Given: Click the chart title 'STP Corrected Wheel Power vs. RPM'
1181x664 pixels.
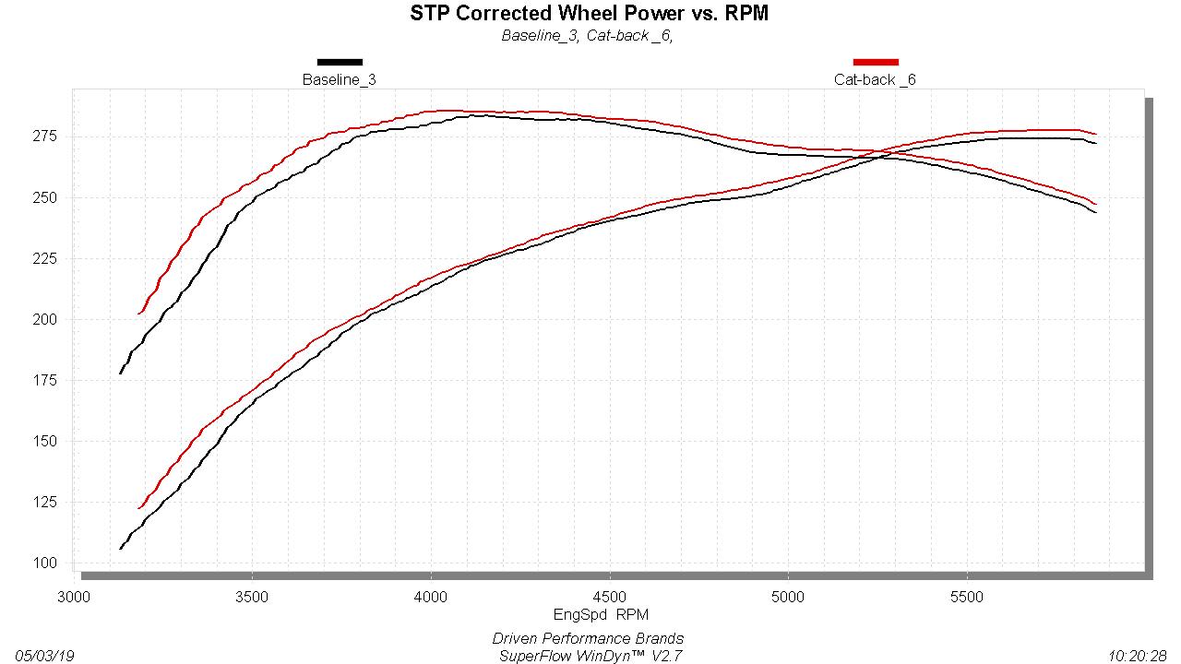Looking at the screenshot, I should (590, 14).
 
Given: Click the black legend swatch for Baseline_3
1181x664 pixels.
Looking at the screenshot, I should (340, 63).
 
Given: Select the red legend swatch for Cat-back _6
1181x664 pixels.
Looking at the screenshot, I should (876, 63).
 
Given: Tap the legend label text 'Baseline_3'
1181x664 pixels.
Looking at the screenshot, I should (340, 80).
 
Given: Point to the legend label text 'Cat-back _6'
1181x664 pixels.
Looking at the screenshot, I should (875, 80).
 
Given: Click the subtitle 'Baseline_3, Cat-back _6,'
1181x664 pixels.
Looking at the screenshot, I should (587, 36).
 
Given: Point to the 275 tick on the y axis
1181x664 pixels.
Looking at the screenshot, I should (45, 136).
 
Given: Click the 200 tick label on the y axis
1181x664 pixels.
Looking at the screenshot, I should (45, 320).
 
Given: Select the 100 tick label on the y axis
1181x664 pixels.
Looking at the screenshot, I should (45, 563).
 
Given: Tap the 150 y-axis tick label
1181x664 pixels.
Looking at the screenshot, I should (45, 442).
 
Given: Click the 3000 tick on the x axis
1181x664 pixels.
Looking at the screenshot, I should (74, 597).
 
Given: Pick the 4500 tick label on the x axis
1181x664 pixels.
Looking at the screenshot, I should (609, 597).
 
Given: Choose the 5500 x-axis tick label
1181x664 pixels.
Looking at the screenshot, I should (966, 597).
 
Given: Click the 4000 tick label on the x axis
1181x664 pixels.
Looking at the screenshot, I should (431, 597).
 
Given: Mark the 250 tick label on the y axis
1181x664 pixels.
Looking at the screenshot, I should (45, 198).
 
